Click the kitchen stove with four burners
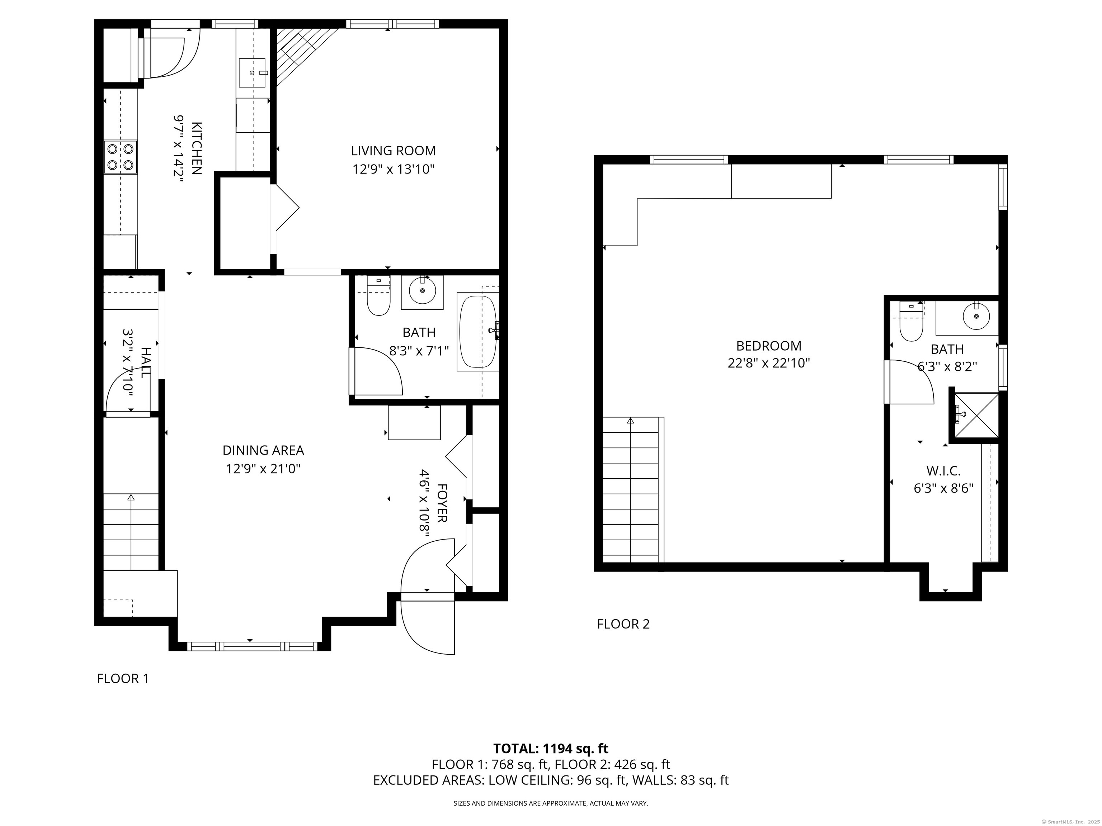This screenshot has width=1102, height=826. (120, 156)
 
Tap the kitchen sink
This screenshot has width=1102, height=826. (252, 73)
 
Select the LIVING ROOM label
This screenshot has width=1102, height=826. (393, 150)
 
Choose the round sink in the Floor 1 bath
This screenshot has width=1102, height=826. (422, 291)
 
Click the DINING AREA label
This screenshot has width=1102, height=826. (263, 450)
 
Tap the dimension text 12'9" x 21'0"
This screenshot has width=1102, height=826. (263, 469)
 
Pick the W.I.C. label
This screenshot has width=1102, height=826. (943, 470)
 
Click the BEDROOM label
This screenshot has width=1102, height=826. (769, 346)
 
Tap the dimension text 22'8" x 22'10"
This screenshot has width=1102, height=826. (769, 364)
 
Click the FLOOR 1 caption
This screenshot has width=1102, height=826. (123, 679)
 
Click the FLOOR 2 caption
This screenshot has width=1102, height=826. (623, 624)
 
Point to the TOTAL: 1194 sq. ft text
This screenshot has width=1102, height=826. (551, 748)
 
